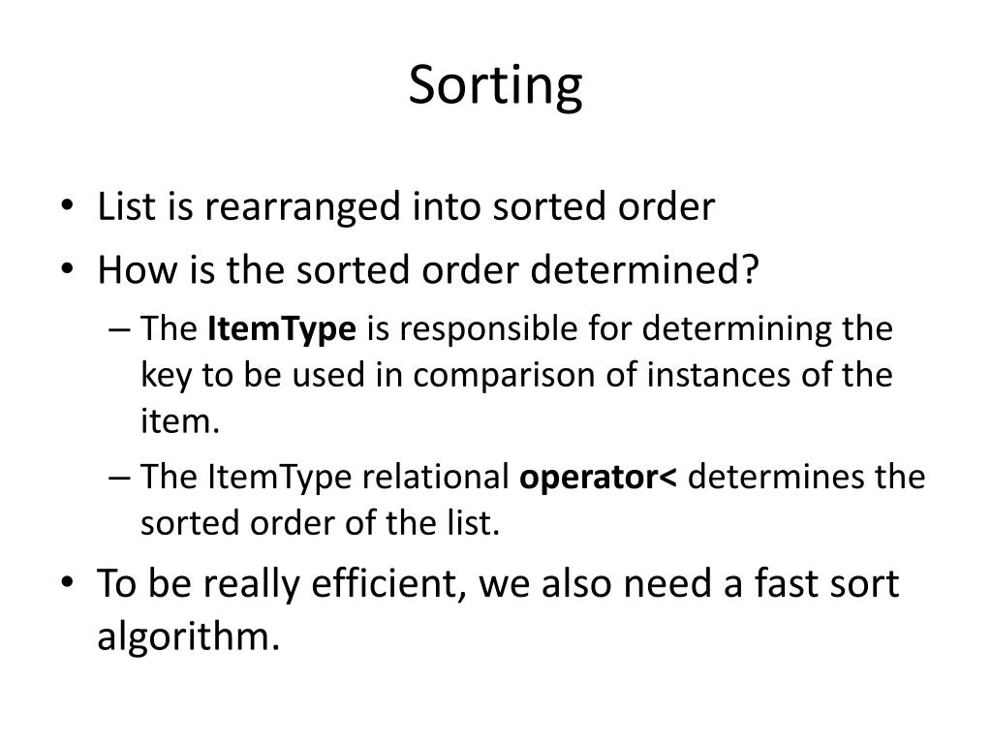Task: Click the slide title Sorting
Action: click(x=495, y=86)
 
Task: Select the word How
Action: click(x=138, y=269)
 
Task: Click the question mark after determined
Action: click(x=750, y=268)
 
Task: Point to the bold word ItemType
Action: click(x=282, y=329)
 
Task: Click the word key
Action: click(x=165, y=375)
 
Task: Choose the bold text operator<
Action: click(x=598, y=478)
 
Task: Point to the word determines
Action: click(x=776, y=477)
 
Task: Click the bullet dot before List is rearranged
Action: click(x=67, y=205)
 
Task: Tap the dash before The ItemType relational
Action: click(x=119, y=478)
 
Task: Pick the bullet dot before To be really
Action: click(x=67, y=581)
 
